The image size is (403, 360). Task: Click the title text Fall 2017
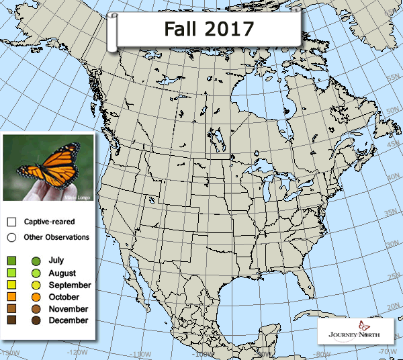pyautogui.click(x=200, y=29)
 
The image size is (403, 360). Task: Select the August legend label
pyautogui.click(x=62, y=273)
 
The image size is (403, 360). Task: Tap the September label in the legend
pyautogui.click(x=69, y=285)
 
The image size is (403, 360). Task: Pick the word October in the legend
pyautogui.click(x=64, y=297)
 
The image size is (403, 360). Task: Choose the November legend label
pyautogui.click(x=68, y=309)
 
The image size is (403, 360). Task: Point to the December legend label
pyautogui.click(x=68, y=320)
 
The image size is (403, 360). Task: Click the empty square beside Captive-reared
pyautogui.click(x=12, y=222)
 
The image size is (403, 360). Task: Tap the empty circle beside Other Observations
pyautogui.click(x=12, y=237)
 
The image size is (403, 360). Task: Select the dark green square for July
pyautogui.click(x=12, y=261)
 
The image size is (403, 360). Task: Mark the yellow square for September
pyautogui.click(x=12, y=285)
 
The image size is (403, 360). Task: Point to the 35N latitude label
pyautogui.click(x=390, y=214)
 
